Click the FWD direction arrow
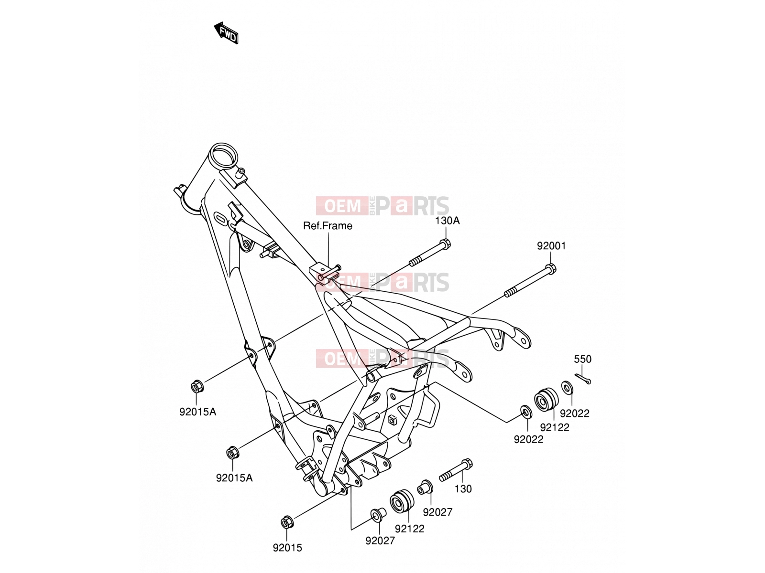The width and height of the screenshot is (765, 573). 226,33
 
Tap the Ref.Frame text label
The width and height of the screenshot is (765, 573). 328,226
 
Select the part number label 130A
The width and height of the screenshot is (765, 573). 447,221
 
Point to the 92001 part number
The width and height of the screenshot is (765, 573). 551,246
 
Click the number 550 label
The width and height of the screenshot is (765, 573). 583,359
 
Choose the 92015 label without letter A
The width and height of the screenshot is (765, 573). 287,548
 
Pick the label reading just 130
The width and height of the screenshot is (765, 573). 463,489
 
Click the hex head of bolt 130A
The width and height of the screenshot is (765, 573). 445,244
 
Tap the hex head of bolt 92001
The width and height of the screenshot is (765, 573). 550,268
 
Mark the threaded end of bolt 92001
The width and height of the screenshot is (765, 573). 510,293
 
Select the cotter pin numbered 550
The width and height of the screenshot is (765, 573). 583,379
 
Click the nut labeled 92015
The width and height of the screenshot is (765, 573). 287,522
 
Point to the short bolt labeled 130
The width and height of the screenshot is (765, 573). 456,470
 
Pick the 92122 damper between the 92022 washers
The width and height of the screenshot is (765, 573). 546,399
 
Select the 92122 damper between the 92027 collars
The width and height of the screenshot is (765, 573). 402,501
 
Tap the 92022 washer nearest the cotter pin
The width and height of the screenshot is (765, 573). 567,387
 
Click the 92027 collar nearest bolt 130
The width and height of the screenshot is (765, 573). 425,487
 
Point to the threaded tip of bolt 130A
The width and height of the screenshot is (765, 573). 415,262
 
